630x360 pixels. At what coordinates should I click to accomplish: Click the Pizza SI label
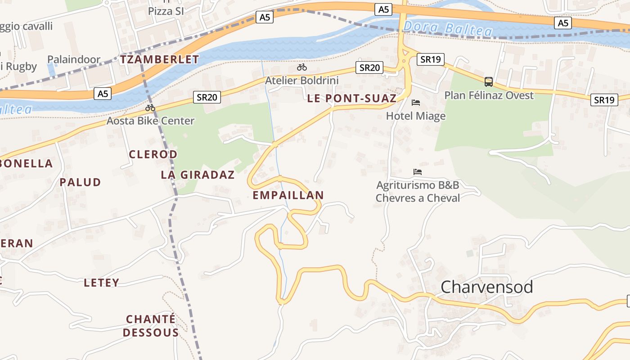166,11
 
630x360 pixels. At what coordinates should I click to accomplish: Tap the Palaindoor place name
74,59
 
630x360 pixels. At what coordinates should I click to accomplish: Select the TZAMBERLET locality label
159,59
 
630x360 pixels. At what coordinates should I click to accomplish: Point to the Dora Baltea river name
448,28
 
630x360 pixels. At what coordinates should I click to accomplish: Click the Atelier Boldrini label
301,81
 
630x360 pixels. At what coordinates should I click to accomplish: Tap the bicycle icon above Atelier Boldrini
302,67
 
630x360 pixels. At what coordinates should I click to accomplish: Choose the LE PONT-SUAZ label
352,99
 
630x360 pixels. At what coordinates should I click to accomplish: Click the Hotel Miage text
416,116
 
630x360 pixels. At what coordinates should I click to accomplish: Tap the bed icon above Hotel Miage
416,103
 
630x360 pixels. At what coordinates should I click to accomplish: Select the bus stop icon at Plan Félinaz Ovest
489,82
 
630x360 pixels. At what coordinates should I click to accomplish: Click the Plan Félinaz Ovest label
489,95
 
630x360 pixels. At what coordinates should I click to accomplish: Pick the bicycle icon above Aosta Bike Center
150,108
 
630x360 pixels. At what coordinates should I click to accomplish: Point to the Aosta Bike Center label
150,121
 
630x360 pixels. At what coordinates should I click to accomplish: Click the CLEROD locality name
153,154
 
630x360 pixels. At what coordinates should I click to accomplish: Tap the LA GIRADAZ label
198,175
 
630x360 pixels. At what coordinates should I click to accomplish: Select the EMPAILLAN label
288,195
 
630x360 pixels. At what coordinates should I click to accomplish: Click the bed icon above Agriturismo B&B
418,172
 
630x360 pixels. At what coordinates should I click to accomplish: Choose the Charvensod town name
487,287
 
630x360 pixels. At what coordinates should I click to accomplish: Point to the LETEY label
102,283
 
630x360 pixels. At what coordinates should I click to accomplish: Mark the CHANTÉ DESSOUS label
151,326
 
